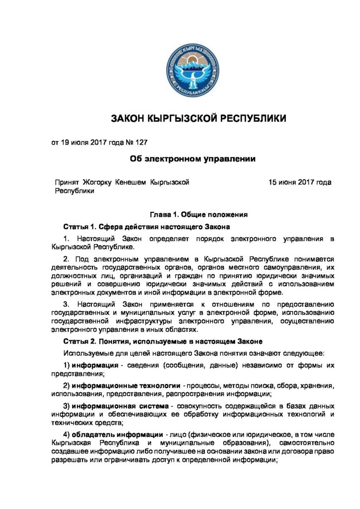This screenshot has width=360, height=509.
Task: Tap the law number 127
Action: tap(141, 143)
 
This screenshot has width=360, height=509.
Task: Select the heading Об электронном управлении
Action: tap(192, 159)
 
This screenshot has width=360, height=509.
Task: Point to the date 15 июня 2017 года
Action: tap(300, 182)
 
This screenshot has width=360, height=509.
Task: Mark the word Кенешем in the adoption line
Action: tap(132, 182)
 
